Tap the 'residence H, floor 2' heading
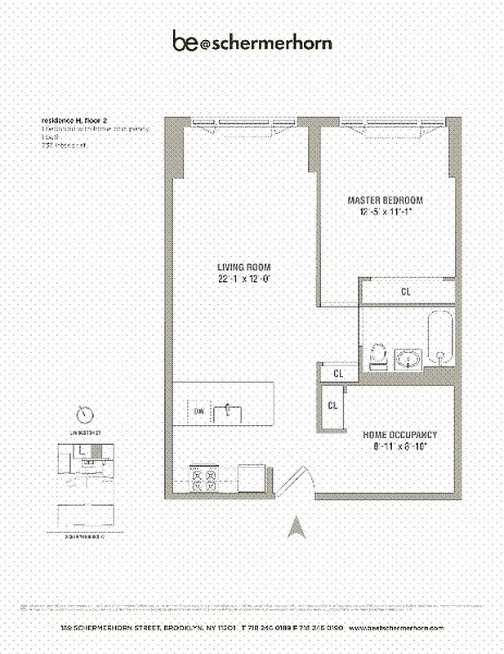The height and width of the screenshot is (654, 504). click(74, 119)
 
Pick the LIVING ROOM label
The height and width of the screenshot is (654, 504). click(243, 267)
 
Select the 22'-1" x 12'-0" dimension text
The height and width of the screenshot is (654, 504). click(243, 279)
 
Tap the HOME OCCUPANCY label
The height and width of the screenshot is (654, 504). click(400, 435)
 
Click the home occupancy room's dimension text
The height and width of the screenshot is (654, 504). click(400, 447)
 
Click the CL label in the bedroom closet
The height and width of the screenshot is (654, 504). click(406, 291)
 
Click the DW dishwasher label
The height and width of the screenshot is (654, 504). click(199, 411)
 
